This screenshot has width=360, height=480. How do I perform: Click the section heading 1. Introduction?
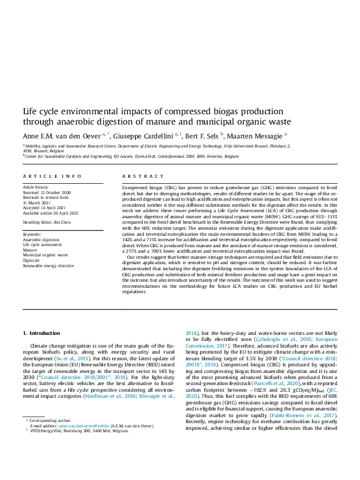(41, 333)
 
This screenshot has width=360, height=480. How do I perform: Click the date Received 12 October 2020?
(47, 192)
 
